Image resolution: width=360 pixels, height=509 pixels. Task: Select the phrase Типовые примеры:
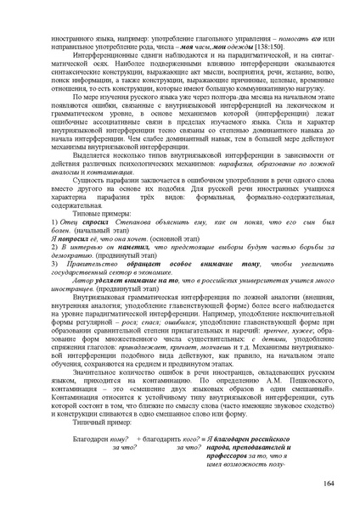point(76,210)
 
